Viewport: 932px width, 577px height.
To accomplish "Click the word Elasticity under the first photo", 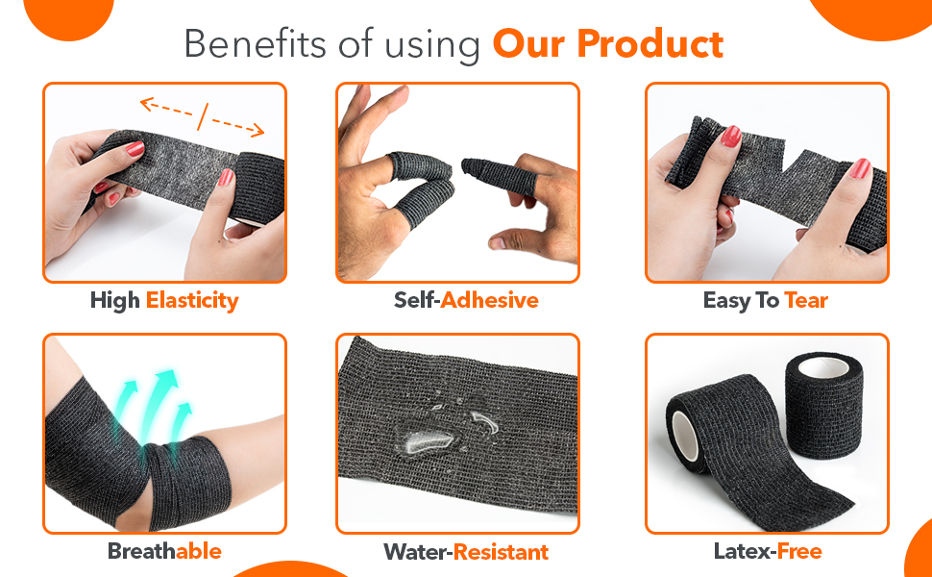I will point(192,300).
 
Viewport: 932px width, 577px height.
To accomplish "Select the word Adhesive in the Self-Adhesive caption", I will point(490,300).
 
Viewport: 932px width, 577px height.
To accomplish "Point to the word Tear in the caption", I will point(806,300).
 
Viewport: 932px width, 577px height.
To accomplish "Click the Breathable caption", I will point(164,551).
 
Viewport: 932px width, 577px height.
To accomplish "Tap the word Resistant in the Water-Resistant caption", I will point(502,552).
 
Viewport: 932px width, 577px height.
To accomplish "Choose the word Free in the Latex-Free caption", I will point(799,551).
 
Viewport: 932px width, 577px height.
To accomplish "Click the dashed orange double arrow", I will point(202,116).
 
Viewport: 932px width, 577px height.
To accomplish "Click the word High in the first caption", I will point(115,300).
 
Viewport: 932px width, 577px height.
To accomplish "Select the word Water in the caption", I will point(416,552).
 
